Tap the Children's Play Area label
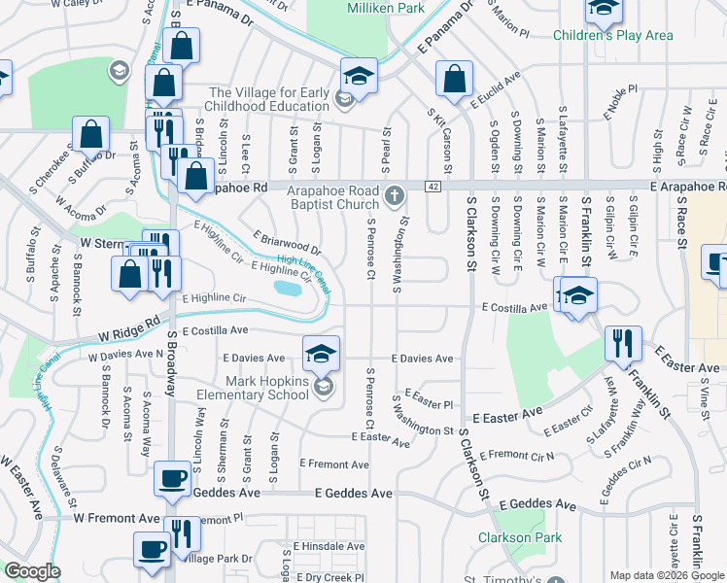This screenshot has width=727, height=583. pos(612,36)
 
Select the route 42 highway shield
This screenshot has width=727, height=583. pos(432,186)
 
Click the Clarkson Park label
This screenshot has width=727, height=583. pos(506,537)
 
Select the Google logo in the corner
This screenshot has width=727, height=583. pos(32,571)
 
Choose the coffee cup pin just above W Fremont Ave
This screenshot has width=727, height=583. pos(173,479)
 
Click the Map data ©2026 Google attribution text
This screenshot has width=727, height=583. pos(667,575)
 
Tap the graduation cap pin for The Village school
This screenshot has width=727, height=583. pos(358,77)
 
